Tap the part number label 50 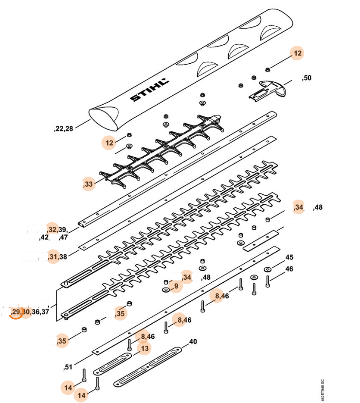(x=307, y=78)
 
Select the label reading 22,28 (x=64, y=128)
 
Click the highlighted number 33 (x=88, y=184)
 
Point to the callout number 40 (x=193, y=342)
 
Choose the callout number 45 (x=289, y=257)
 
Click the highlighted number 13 (x=144, y=348)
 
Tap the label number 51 (x=69, y=367)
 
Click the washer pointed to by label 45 (x=268, y=269)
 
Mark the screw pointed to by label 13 (x=129, y=345)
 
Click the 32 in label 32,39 (x=53, y=229)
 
